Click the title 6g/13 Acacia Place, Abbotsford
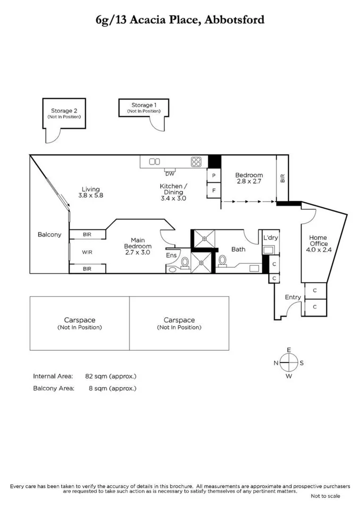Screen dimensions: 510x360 coord(180,20)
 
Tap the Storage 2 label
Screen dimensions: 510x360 coord(64,111)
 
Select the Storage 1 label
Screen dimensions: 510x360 coord(143,105)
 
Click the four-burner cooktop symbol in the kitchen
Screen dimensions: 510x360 coord(196,162)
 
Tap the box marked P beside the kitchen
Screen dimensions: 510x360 coord(214,175)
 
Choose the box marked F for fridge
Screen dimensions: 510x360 coord(214,191)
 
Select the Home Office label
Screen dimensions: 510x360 coord(318,240)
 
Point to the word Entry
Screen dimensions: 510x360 coord(293,297)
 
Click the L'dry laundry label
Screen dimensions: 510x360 coord(271,238)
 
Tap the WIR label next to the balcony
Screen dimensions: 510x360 coord(87,252)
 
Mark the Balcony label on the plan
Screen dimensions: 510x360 coord(50,235)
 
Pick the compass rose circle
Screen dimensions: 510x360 coord(289,363)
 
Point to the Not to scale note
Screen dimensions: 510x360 coord(325,496)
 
